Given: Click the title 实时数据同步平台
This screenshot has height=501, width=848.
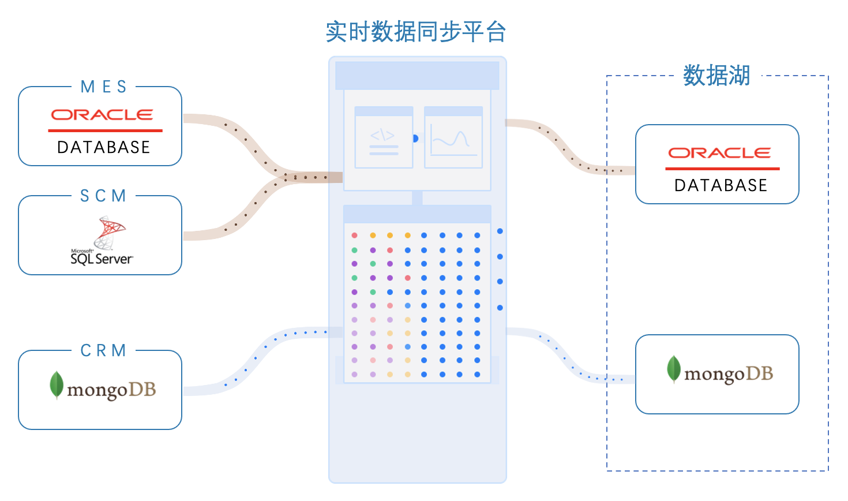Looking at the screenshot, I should click(x=415, y=32).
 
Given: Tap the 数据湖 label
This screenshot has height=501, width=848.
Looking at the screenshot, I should click(x=716, y=76).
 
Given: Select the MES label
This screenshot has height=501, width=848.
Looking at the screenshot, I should click(x=103, y=87).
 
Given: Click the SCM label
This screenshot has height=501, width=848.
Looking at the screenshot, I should click(x=103, y=196).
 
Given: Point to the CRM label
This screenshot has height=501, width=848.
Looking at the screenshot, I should click(x=103, y=351).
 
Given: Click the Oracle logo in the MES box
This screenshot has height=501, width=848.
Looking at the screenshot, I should click(x=102, y=115).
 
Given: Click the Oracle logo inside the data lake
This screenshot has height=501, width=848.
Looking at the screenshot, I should click(x=719, y=153).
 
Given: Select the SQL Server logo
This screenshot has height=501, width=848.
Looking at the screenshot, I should click(x=102, y=241).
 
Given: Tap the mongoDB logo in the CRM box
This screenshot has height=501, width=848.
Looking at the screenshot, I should click(x=103, y=387).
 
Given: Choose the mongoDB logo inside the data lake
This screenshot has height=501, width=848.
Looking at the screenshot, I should click(x=720, y=372).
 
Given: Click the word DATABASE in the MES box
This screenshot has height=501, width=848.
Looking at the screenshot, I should click(x=104, y=148).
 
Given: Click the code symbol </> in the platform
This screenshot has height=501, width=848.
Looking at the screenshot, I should click(x=382, y=136).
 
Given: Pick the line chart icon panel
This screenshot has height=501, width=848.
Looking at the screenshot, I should click(x=453, y=139).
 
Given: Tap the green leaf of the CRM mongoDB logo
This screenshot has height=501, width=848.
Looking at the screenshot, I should click(x=57, y=384).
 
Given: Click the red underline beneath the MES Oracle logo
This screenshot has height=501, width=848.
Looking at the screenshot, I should click(x=105, y=131).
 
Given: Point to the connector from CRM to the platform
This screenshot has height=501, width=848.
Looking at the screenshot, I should click(x=254, y=358).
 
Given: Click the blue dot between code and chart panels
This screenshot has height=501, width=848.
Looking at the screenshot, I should click(x=415, y=139).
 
